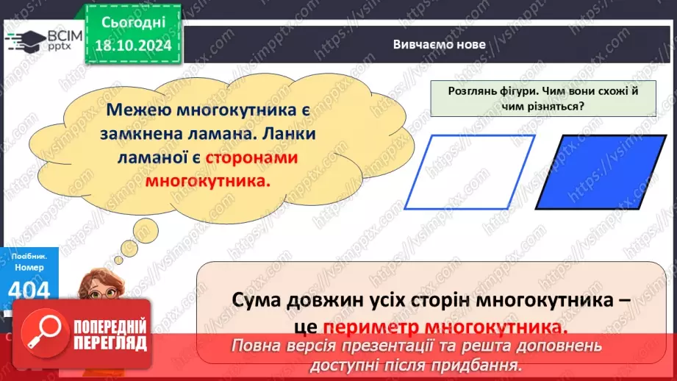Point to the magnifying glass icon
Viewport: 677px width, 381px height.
(x=41, y=333)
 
